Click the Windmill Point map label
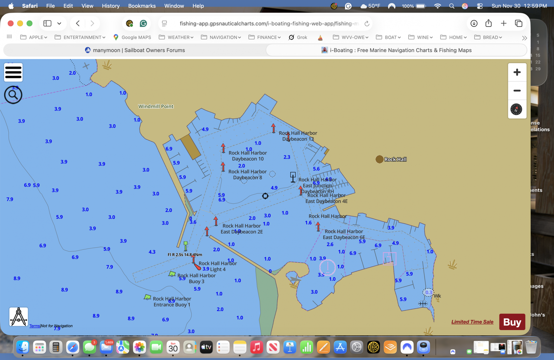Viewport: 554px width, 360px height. [x=156, y=106]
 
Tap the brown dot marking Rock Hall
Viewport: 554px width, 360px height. [x=379, y=159]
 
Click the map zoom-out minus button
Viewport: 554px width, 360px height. [x=517, y=91]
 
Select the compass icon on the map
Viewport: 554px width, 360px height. [x=516, y=109]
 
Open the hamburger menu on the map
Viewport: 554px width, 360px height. [x=13, y=72]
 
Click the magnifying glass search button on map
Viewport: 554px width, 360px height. [x=13, y=95]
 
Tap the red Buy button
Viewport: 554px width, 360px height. [x=512, y=322]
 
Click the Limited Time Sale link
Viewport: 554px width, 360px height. [x=472, y=322]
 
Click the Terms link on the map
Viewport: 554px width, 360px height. [x=35, y=326]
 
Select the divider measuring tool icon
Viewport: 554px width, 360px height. [x=19, y=317]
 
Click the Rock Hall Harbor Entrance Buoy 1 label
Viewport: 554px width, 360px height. [x=172, y=302]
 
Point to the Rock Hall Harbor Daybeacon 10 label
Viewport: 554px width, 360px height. [x=248, y=156]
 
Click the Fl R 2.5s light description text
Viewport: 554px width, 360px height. [x=185, y=255]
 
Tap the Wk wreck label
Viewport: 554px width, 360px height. [x=437, y=296]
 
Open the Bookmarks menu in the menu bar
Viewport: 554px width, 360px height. [x=142, y=6]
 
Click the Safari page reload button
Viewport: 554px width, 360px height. [x=367, y=24]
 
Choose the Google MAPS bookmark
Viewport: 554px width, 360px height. [x=132, y=37]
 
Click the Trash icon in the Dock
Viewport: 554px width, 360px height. [x=531, y=347]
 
